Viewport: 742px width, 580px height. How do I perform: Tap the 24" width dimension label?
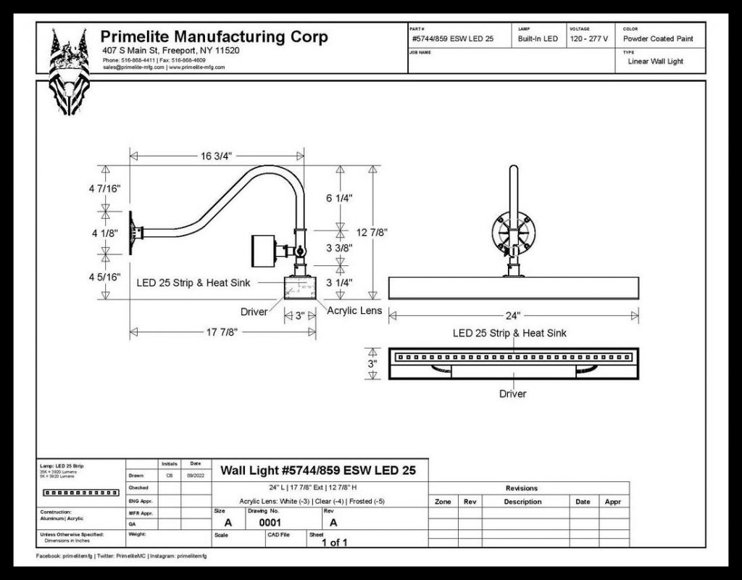(x=514, y=315)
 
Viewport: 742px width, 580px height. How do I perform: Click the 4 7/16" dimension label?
(x=106, y=188)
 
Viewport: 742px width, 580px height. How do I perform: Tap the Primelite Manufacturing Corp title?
(x=214, y=37)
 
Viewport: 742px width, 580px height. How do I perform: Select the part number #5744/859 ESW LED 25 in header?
(x=452, y=38)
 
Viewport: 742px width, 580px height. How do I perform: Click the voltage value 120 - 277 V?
(x=588, y=38)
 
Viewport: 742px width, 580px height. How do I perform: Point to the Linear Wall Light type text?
(x=655, y=62)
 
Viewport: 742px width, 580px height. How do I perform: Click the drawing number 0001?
(x=270, y=522)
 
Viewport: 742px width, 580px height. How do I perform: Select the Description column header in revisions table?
(x=522, y=502)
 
